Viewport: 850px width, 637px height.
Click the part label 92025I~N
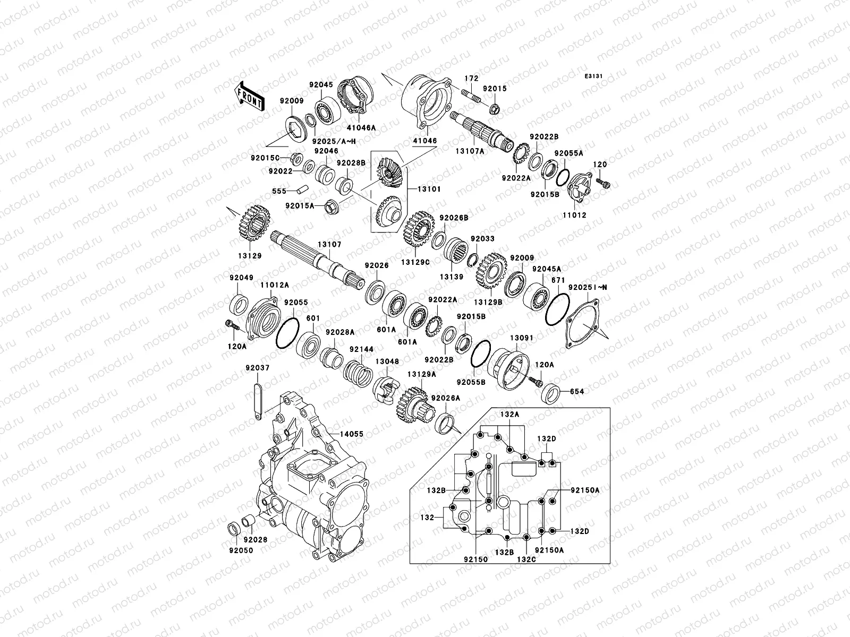[587, 287]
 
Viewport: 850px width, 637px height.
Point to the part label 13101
[429, 189]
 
